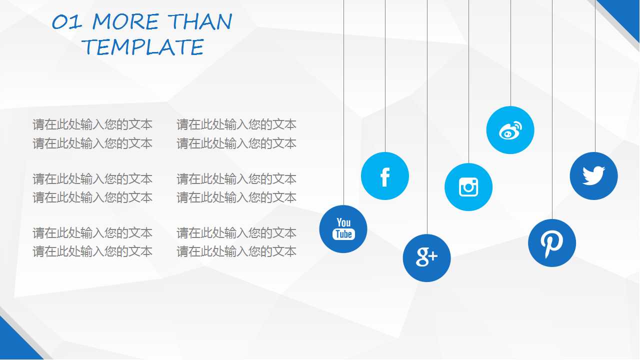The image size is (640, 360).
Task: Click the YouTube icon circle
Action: [343, 229]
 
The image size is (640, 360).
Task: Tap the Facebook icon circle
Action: [385, 176]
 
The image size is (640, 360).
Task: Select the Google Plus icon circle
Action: [426, 258]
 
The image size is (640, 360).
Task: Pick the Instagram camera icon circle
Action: [468, 187]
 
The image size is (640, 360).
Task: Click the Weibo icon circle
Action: [510, 130]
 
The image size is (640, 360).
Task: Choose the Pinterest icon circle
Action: [552, 243]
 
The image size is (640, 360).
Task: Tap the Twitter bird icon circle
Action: [593, 176]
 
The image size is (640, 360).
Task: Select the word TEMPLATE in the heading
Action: [143, 47]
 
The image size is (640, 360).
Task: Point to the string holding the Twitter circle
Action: [595, 75]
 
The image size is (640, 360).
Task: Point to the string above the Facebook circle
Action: [385, 75]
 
